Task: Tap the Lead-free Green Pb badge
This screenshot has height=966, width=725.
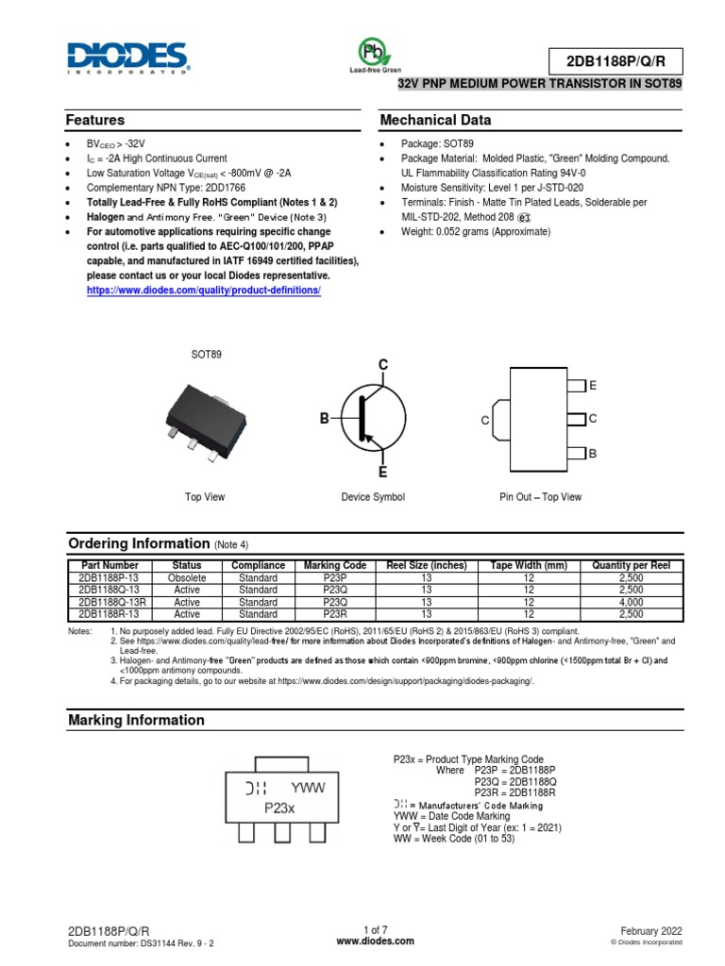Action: pos(375,55)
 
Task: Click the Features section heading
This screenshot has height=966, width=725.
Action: pos(94,121)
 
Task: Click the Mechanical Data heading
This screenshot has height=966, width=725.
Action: pos(434,121)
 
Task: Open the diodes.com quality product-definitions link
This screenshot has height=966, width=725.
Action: pos(204,290)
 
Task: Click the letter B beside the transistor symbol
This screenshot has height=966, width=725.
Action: pos(324,418)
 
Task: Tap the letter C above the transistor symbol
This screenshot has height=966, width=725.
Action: pos(383,365)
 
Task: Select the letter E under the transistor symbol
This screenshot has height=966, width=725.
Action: pos(383,472)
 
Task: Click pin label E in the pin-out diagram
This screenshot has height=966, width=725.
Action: pos(593,387)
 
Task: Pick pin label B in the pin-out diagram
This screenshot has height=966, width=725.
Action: pos(593,454)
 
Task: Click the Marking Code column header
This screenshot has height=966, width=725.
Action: pos(335,565)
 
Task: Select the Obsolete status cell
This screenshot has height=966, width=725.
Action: pos(187,577)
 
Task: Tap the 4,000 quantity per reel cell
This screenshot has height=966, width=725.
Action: pos(630,601)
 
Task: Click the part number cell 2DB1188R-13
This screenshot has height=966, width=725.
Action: pos(110,613)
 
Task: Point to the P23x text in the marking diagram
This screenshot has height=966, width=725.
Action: pos(279,808)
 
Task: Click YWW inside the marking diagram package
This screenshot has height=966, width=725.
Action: pos(308,789)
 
